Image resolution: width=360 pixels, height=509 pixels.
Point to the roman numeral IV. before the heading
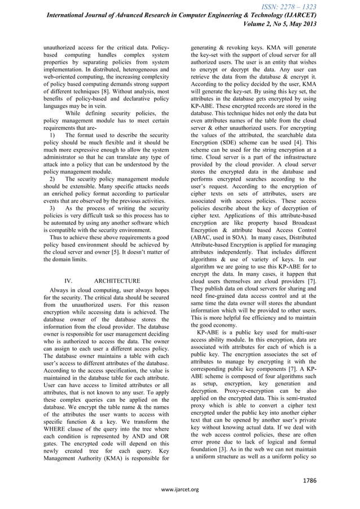click(x=69, y=280)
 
